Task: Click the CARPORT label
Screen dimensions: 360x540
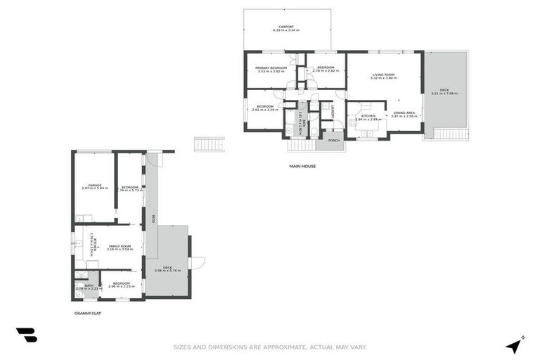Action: pyautogui.click(x=285, y=27)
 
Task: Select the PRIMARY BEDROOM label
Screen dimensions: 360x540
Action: pyautogui.click(x=271, y=68)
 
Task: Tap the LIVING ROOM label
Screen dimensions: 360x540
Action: pyautogui.click(x=383, y=75)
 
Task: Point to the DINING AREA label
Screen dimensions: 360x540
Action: pyautogui.click(x=404, y=113)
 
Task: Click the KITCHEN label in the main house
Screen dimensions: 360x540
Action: pyautogui.click(x=368, y=115)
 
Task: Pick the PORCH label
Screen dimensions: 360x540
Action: pyautogui.click(x=333, y=140)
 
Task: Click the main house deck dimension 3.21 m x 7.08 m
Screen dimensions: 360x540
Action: pyautogui.click(x=444, y=94)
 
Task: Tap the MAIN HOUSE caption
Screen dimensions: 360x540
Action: pyautogui.click(x=302, y=167)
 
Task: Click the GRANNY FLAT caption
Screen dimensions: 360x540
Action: pyautogui.click(x=88, y=313)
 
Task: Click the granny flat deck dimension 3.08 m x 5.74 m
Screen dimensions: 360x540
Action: pyautogui.click(x=167, y=271)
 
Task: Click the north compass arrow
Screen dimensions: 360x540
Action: pyautogui.click(x=515, y=345)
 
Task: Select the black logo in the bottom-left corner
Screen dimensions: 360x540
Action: pyautogui.click(x=27, y=335)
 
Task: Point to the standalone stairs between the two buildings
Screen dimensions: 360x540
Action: pyautogui.click(x=209, y=144)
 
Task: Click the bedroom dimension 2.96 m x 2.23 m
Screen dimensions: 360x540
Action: pyautogui.click(x=122, y=287)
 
